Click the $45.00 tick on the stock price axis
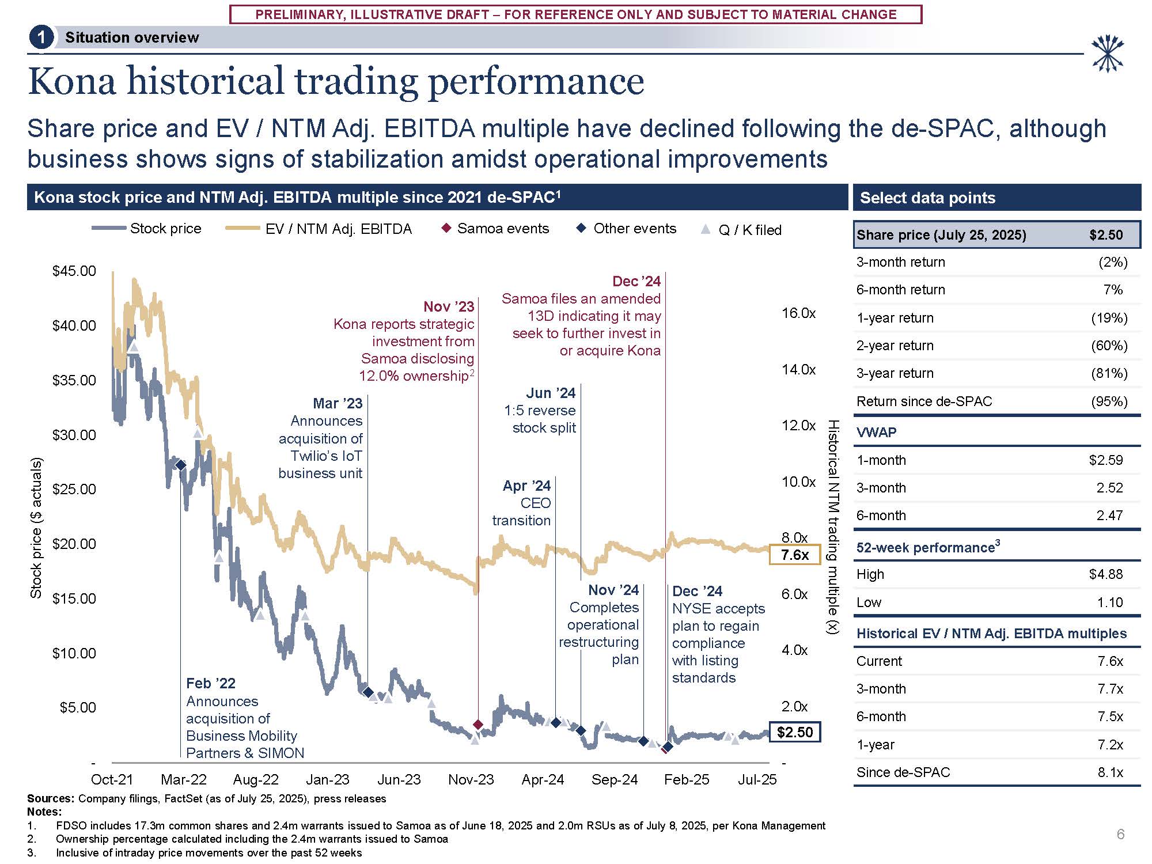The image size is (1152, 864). point(74,271)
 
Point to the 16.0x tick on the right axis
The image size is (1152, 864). point(798,313)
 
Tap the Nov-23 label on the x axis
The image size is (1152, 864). point(471,780)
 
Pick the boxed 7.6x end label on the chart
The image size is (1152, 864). point(795,555)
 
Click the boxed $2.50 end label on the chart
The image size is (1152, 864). point(795,732)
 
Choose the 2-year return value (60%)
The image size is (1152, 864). point(1109,346)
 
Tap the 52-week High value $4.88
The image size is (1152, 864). point(1106,574)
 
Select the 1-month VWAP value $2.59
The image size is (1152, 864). point(1106,460)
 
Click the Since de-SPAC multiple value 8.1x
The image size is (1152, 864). point(1110,772)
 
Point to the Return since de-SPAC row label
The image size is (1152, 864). point(924,401)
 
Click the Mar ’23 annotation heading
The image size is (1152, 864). point(338,403)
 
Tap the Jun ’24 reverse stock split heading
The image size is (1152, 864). point(551,393)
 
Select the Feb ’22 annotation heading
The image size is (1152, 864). point(211,684)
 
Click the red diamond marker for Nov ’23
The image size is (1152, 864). point(478,725)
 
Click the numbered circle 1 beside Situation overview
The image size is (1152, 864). point(41,38)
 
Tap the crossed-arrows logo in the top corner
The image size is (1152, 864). point(1107,54)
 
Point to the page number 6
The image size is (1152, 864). point(1120,834)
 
